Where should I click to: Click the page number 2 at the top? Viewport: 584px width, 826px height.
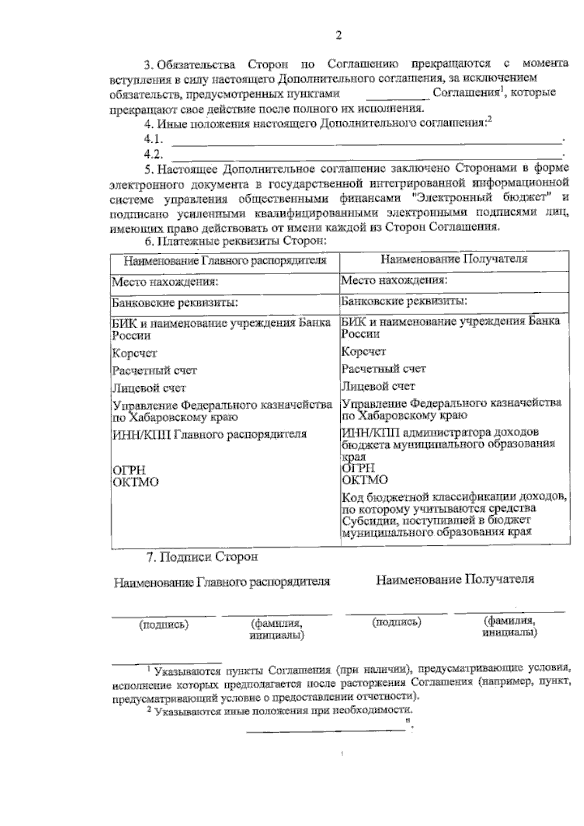(x=339, y=35)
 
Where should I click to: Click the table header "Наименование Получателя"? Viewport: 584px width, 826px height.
(x=454, y=259)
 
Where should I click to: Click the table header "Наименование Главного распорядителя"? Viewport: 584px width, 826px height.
(x=225, y=261)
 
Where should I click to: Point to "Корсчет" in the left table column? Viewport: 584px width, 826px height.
(x=135, y=353)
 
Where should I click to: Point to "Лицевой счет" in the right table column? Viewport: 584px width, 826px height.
(x=378, y=386)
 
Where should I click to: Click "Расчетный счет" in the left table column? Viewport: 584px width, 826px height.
(x=154, y=371)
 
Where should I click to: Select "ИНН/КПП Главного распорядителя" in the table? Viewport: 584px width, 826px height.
(x=209, y=434)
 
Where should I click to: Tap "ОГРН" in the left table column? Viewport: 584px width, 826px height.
(x=129, y=470)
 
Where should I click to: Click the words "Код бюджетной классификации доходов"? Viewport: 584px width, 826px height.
(x=454, y=498)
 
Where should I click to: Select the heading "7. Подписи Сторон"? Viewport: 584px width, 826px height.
(x=202, y=557)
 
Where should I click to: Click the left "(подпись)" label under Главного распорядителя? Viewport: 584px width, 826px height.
(x=164, y=624)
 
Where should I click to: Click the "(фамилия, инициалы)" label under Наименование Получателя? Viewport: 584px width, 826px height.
(x=510, y=627)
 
